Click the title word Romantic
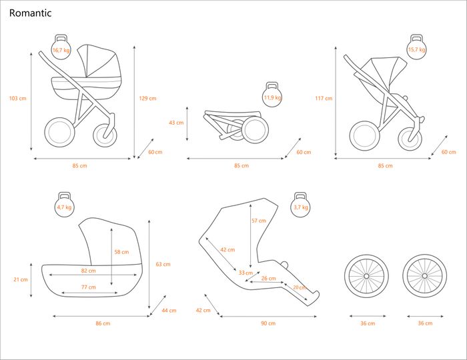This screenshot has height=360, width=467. coord(30,13)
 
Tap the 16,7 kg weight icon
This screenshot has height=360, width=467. coord(61,49)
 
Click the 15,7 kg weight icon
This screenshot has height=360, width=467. coord(417,49)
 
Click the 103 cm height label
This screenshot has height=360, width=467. coord(18,99)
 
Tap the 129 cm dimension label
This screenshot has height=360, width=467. coord(147,99)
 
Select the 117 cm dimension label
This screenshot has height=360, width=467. coord(324,99)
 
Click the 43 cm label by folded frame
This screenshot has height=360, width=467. coord(176,123)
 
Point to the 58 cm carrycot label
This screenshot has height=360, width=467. coord(121,252)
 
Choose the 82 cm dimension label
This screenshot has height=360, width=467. coord(87,271)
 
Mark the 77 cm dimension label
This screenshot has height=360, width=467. coord(87,287)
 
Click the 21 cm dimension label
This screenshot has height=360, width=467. coord(21,280)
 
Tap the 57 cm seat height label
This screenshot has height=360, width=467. coord(258,221)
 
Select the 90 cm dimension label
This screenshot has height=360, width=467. coord(268,323)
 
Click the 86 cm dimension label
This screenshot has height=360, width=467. coord(102,323)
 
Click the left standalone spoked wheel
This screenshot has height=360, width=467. coord(368,275)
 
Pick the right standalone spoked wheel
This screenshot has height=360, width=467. coord(424,275)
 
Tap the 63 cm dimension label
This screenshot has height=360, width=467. coord(163,265)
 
